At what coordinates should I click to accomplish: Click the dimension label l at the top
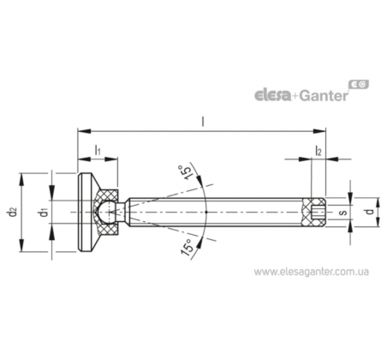(x=203, y=122)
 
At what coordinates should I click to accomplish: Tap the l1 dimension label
(x=98, y=150)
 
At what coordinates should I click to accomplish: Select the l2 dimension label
(x=319, y=150)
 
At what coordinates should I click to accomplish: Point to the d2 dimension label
(x=13, y=213)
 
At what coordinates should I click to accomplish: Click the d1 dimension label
(x=44, y=213)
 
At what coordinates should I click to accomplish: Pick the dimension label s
(x=343, y=213)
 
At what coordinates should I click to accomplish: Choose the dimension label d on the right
(x=370, y=212)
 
